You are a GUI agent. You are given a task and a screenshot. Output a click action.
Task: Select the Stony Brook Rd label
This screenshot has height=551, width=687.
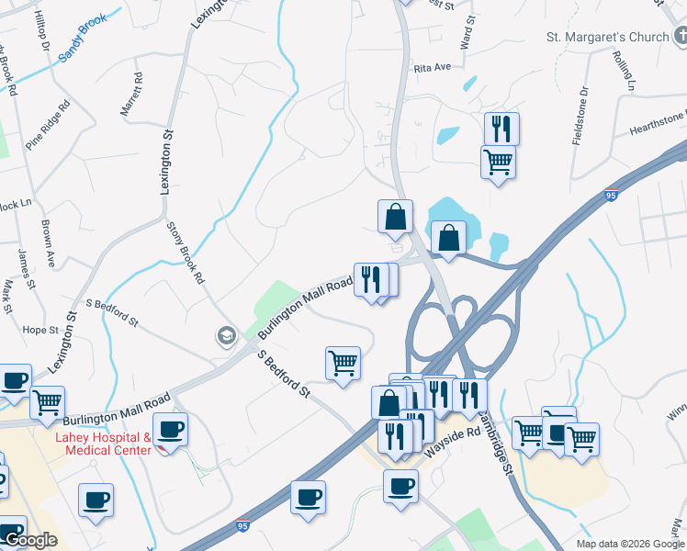184,252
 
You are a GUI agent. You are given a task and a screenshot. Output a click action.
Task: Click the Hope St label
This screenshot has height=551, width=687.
40,330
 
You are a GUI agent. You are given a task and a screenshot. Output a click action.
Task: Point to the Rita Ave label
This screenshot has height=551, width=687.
433,67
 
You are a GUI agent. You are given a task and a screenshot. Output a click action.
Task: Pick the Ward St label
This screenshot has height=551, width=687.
469,31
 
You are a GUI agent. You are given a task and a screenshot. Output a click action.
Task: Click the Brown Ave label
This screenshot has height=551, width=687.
48,242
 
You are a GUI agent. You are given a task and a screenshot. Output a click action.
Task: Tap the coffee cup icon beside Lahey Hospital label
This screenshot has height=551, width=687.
170,429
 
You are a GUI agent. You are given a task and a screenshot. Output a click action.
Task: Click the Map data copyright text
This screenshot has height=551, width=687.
629,544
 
